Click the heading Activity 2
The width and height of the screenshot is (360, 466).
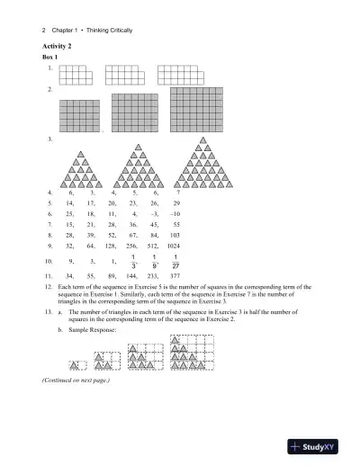coord(58,45)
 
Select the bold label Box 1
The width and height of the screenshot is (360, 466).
coord(50,57)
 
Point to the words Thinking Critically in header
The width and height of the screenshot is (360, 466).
coord(109,30)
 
